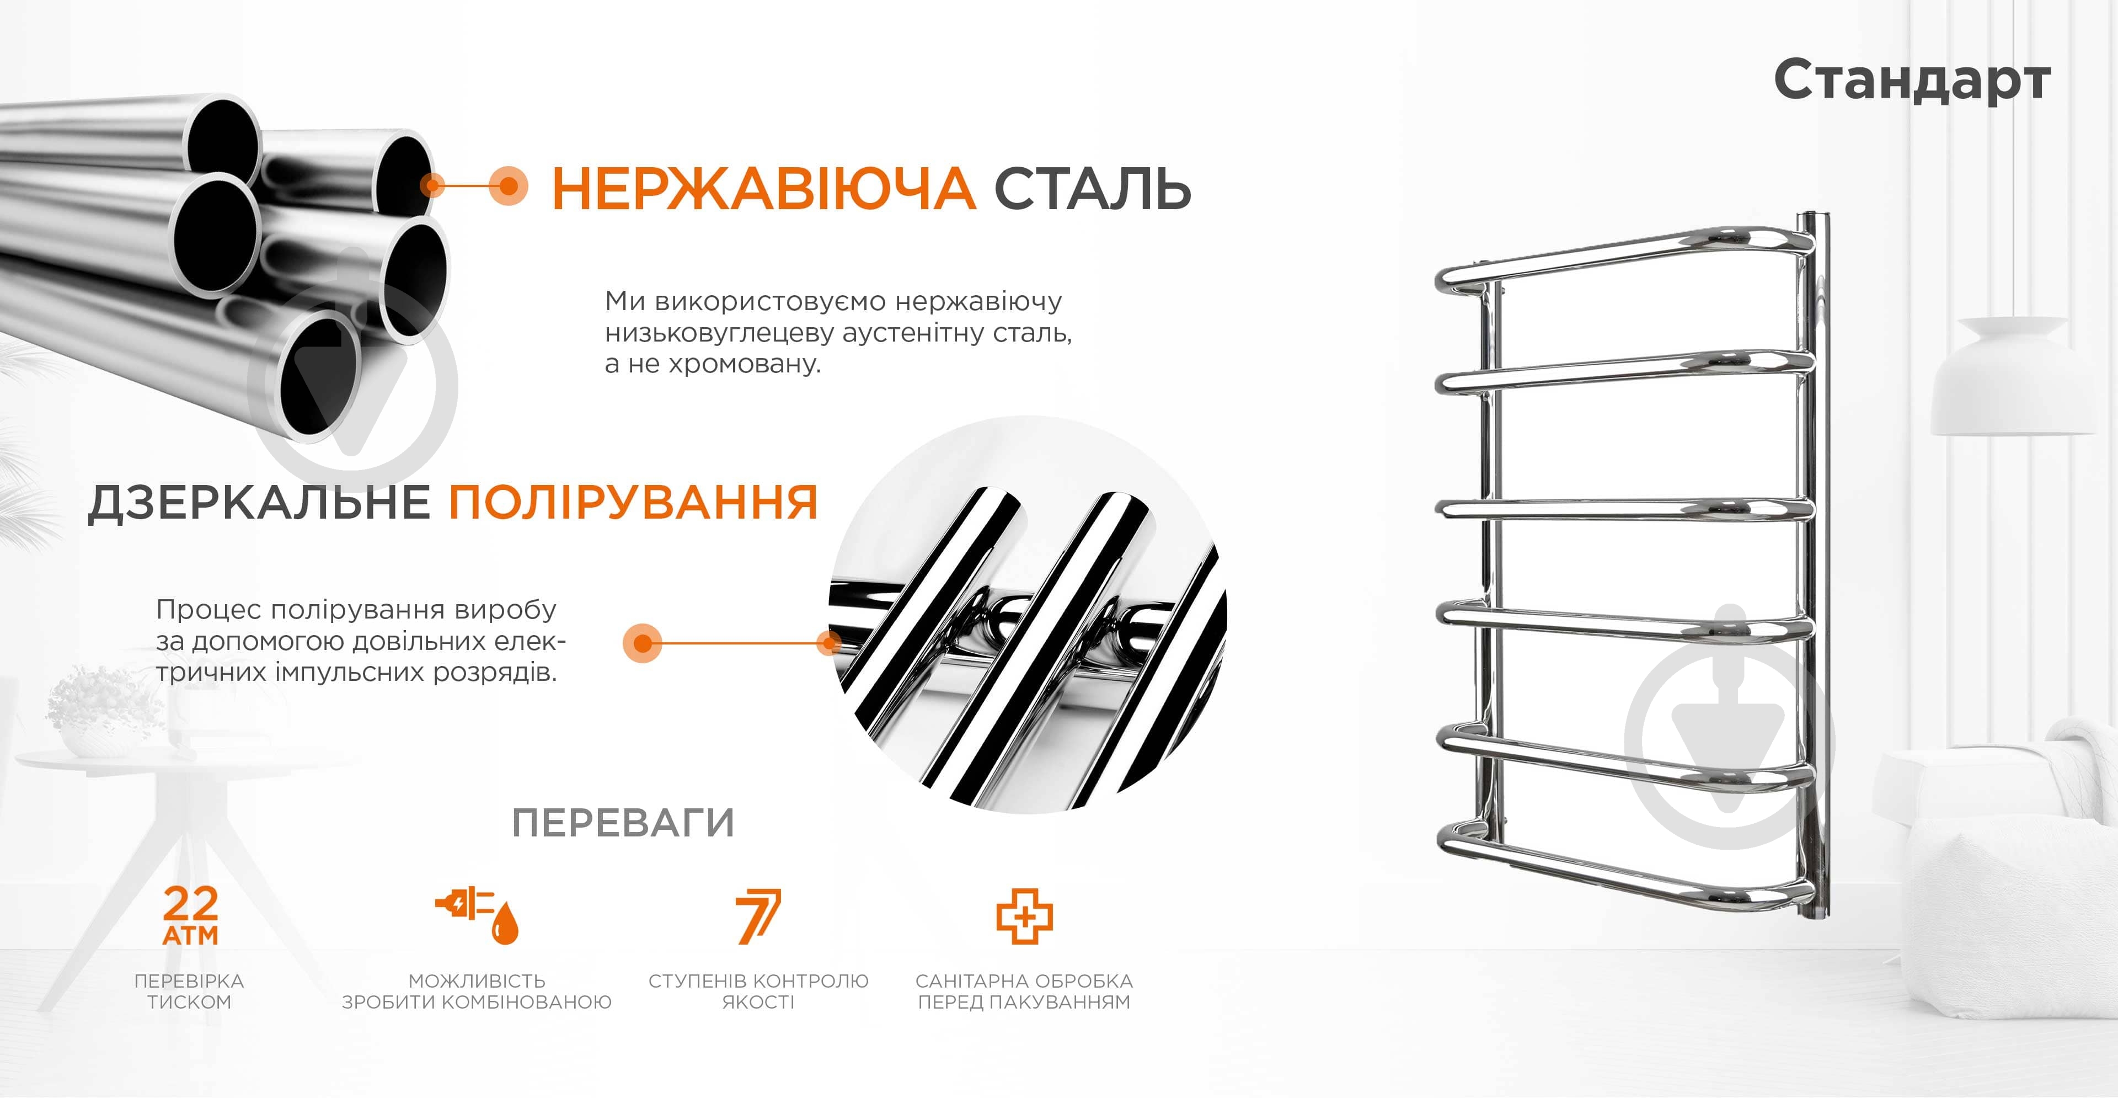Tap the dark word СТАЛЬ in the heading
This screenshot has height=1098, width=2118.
point(1093,188)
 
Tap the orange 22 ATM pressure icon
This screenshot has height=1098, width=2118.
point(191,915)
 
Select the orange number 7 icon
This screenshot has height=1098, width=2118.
point(758,915)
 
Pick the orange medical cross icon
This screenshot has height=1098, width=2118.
point(1024,915)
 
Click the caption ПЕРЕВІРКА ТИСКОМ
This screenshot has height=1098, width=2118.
point(189,991)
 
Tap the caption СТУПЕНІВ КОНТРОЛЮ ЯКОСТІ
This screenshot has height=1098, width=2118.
point(758,991)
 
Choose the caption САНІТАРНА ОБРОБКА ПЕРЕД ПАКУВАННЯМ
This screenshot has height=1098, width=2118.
point(1024,991)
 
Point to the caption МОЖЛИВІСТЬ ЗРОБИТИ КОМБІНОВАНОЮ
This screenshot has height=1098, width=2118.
point(477,991)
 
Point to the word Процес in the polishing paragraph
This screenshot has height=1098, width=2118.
point(209,610)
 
